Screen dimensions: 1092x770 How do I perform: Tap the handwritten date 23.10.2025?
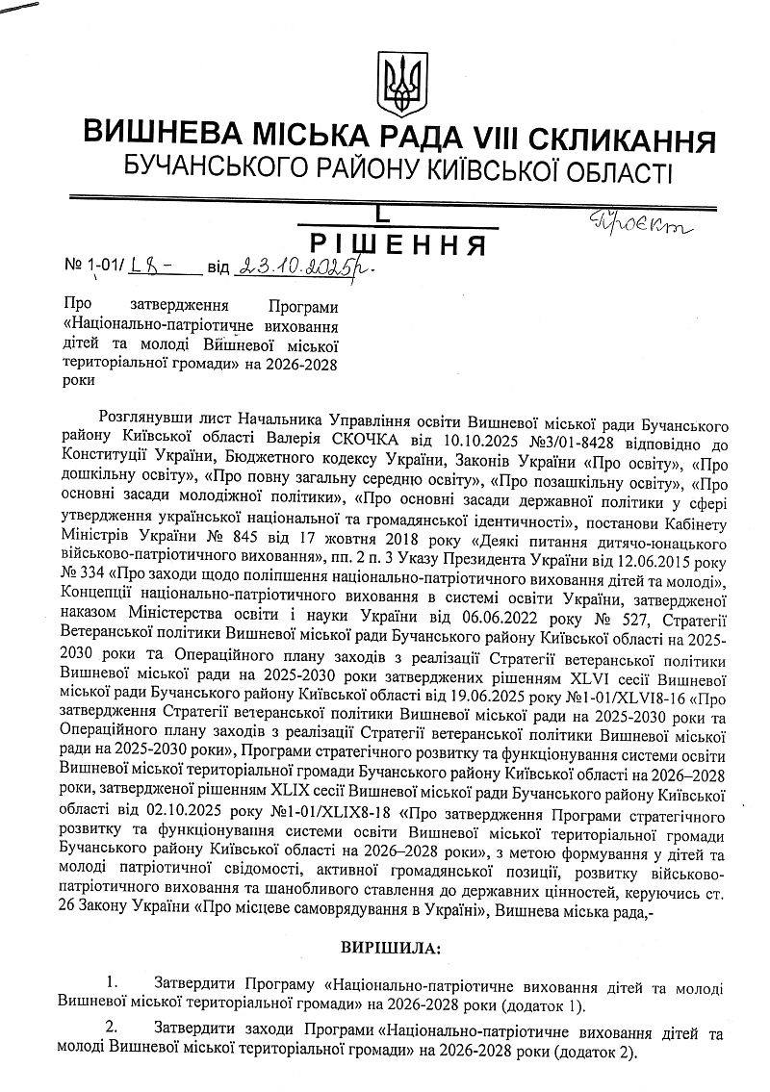[297, 267]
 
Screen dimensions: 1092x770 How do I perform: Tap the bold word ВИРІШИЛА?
[390, 948]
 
